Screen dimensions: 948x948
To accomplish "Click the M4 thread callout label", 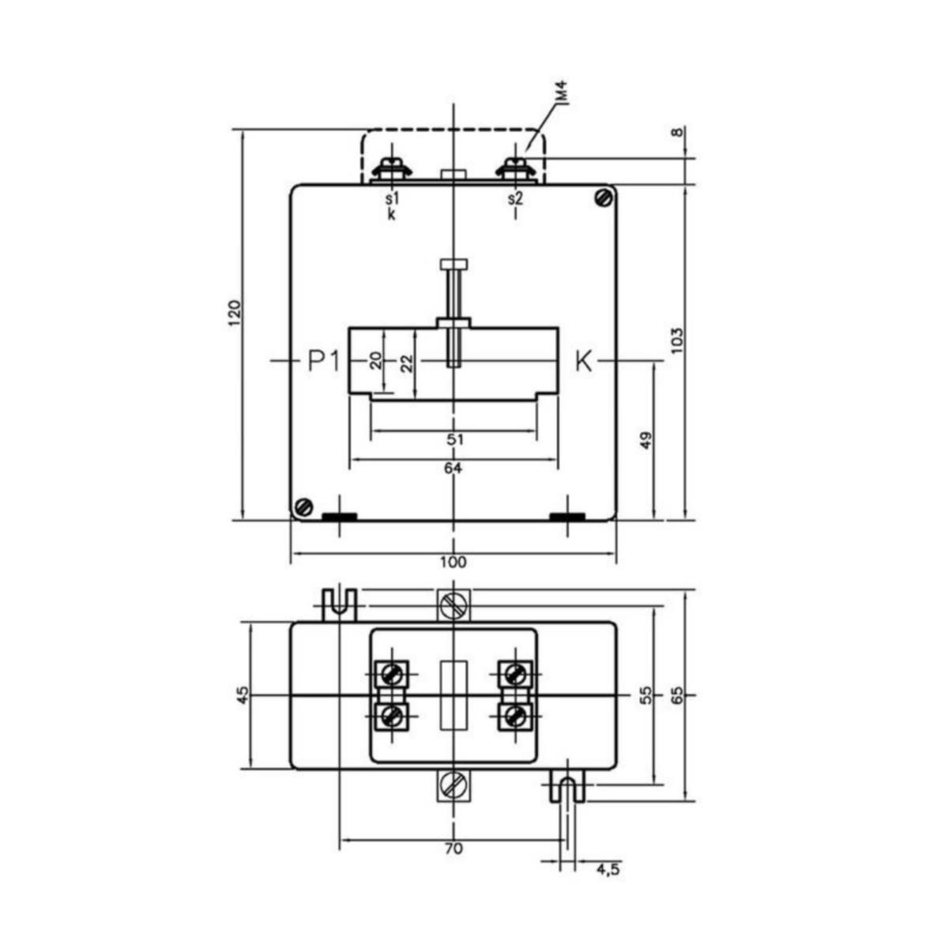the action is coord(564,92).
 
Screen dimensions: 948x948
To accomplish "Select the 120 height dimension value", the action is coord(235,312).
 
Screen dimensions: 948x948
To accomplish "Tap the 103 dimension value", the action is coord(677,340).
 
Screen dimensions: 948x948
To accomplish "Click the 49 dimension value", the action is coord(646,440).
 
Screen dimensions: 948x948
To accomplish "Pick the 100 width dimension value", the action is coord(453,562).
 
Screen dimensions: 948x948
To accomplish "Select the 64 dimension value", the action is coord(453,468).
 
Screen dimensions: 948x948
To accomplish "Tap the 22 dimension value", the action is coord(407,363).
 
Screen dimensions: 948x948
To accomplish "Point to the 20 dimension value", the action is coord(376,360).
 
